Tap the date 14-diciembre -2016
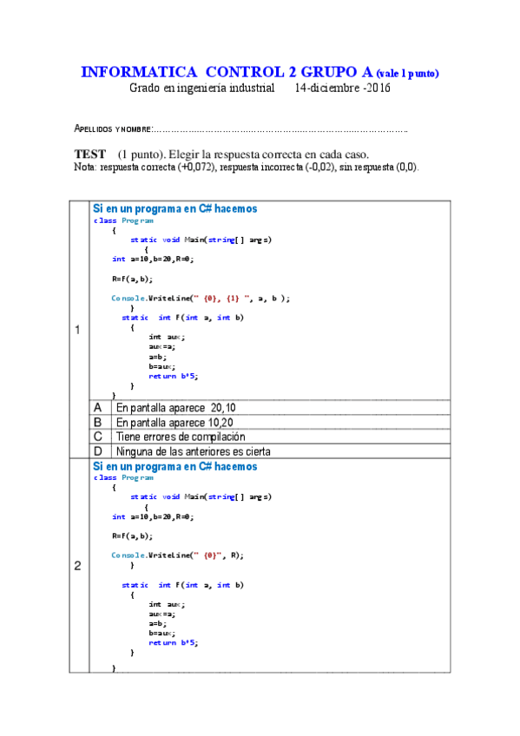tap(343, 88)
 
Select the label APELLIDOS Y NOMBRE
tap(113, 130)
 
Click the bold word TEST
tap(90, 153)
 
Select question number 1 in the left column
tap(78, 330)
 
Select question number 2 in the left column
tap(78, 566)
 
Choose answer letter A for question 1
tap(98, 407)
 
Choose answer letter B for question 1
tap(98, 422)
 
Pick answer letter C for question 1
tap(98, 437)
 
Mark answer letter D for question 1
tap(98, 451)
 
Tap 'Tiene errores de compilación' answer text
tap(181, 437)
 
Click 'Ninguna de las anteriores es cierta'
tap(193, 451)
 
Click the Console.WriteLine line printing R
tap(178, 555)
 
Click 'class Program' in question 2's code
tap(123, 477)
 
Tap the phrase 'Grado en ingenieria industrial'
tap(202, 88)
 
